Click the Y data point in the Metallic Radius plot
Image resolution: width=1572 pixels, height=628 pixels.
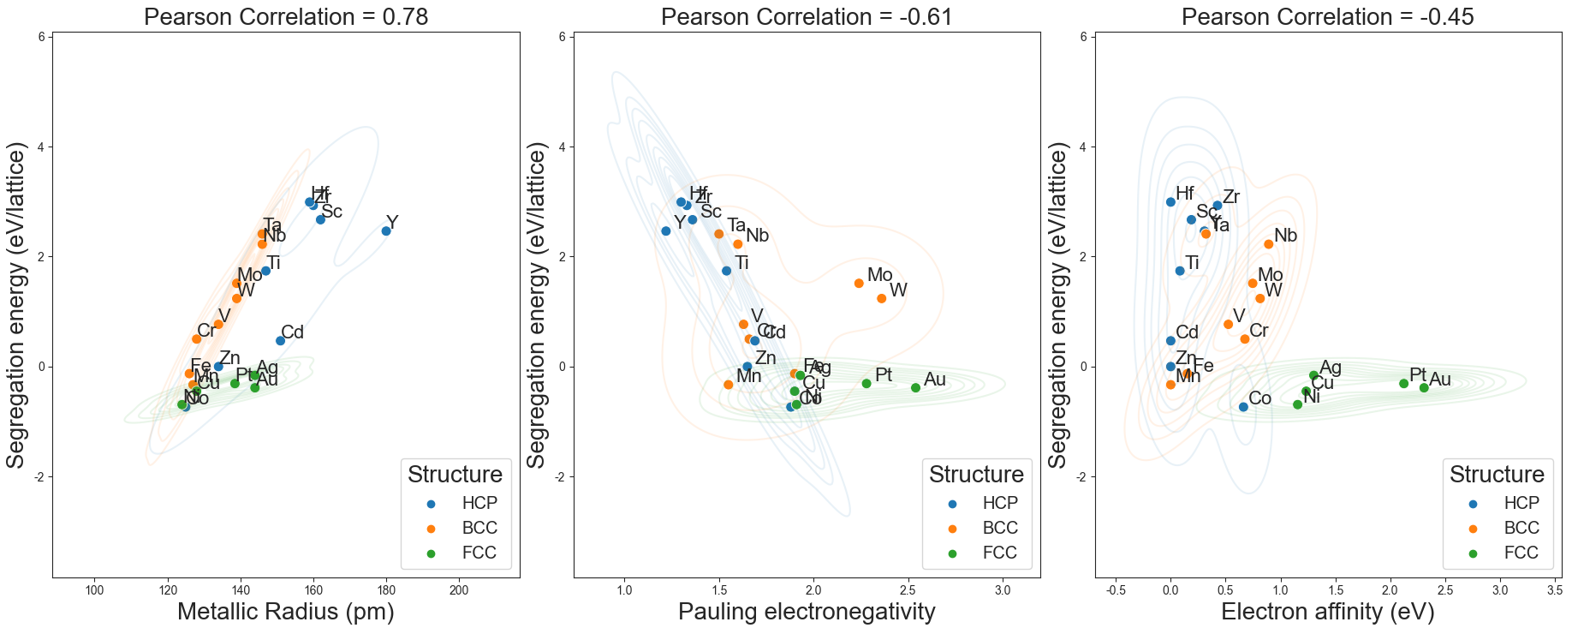point(386,230)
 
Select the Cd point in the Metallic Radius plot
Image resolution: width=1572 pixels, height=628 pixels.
point(280,341)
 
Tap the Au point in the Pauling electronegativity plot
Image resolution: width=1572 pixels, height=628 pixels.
point(915,388)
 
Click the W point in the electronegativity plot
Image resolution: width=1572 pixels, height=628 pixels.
point(881,298)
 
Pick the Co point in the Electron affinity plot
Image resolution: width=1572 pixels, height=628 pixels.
point(1243,407)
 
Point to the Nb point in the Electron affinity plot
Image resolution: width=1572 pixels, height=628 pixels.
point(1269,244)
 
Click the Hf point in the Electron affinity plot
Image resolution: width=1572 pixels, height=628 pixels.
point(1170,202)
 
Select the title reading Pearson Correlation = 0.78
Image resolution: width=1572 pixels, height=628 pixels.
point(286,16)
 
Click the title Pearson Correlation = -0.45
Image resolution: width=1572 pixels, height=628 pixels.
point(1328,16)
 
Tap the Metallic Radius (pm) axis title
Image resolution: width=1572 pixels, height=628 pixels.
point(286,611)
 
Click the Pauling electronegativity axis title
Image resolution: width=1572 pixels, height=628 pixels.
point(807,611)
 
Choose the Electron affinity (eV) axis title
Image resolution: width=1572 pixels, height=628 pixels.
point(1327,611)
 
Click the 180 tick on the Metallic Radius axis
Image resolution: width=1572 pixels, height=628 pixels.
point(386,590)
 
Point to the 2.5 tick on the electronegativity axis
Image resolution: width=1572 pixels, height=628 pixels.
point(908,590)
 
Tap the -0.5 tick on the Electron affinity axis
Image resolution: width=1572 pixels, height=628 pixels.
point(1116,590)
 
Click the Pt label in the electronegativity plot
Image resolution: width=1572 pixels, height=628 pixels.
point(884,375)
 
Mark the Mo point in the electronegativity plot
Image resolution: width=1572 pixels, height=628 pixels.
point(859,284)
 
